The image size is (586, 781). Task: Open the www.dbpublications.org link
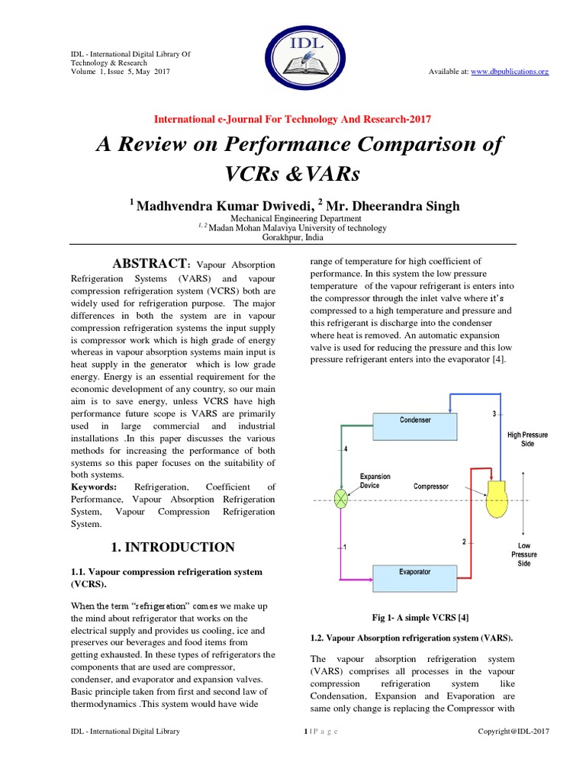[510, 72]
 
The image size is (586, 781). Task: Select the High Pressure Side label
[527, 439]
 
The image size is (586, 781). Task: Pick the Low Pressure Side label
[524, 554]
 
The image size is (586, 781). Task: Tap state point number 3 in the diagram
[494, 413]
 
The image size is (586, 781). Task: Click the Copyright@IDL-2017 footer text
[513, 731]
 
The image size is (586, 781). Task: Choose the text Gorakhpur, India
[295, 237]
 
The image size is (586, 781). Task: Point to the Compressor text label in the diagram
[431, 486]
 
